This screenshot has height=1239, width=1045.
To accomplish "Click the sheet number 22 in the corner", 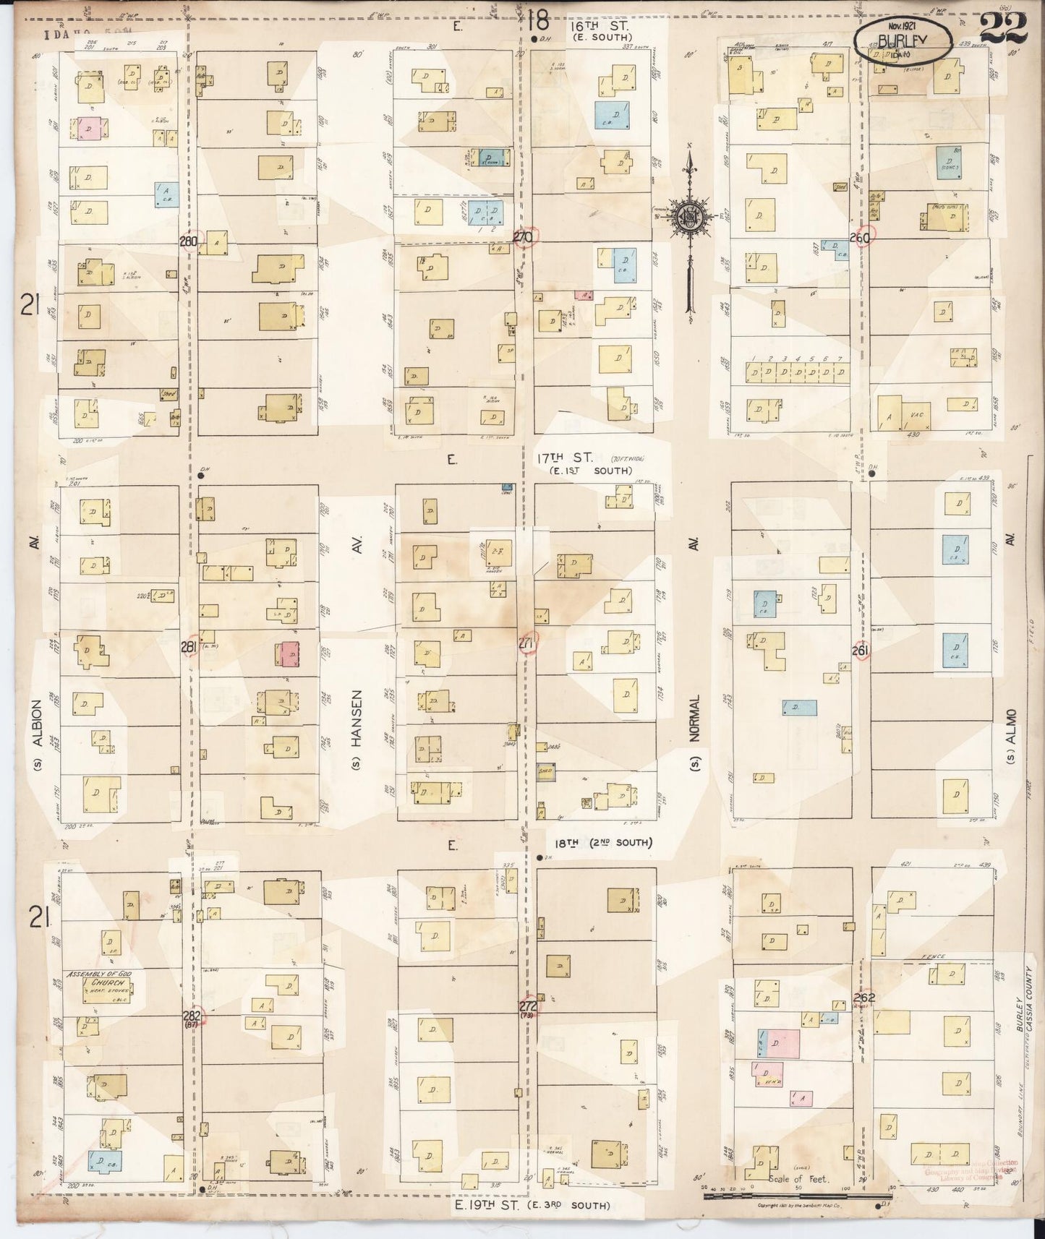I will [1004, 29].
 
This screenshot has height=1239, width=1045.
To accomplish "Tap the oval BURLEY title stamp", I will [903, 40].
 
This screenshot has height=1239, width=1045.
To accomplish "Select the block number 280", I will [189, 241].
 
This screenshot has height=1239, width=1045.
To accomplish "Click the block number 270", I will [522, 237].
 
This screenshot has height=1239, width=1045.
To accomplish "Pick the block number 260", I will [861, 238].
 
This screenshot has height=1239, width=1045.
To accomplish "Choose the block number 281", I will [189, 648].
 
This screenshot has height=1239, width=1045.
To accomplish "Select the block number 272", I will [528, 1006].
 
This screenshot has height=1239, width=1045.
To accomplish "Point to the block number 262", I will [864, 998].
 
